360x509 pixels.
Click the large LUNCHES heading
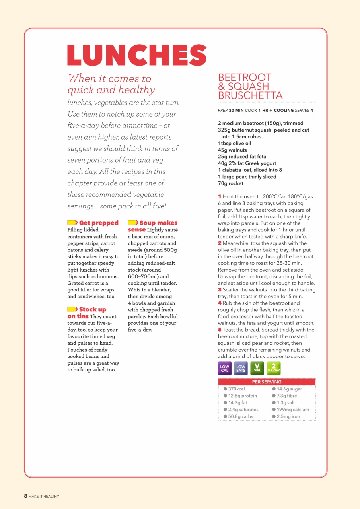click(x=137, y=55)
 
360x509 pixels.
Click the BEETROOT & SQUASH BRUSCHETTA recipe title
click(x=250, y=86)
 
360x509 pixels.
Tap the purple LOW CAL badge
click(x=225, y=369)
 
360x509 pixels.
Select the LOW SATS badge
click(x=241, y=369)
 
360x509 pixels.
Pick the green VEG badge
click(x=257, y=369)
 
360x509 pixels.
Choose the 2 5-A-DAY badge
click(x=274, y=369)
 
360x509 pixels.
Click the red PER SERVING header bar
click(x=267, y=382)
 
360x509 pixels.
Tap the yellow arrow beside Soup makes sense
click(x=133, y=223)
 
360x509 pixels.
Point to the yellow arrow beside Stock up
click(x=72, y=309)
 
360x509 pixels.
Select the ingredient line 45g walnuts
click(x=232, y=150)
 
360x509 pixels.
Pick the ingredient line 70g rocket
click(x=231, y=183)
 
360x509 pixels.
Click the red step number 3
click(x=220, y=290)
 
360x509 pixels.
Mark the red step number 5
click(x=220, y=330)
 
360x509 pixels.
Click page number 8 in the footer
click(x=25, y=496)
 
